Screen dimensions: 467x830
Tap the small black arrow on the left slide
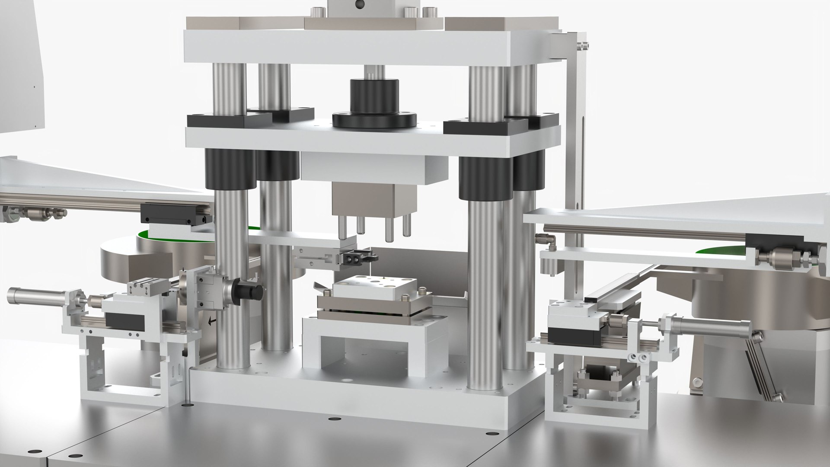tap(211, 320)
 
